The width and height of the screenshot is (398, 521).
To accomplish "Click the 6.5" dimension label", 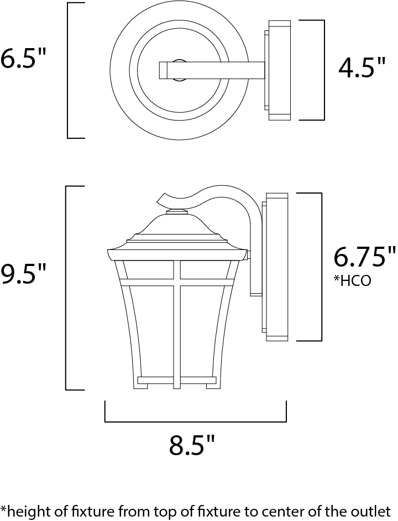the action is (x=22, y=59).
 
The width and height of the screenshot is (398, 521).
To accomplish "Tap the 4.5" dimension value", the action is (x=362, y=67).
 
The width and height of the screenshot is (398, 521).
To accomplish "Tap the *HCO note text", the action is (x=352, y=281).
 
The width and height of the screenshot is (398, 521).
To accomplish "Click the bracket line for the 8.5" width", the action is (x=195, y=421).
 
